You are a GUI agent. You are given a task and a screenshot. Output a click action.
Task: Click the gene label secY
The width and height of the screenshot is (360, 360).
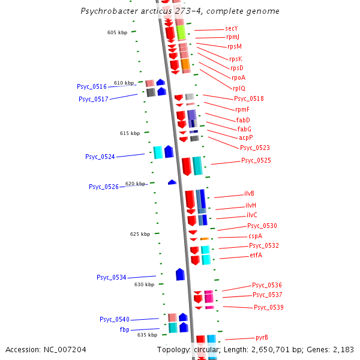232,28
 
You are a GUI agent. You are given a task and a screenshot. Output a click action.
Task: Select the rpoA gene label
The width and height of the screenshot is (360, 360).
238,77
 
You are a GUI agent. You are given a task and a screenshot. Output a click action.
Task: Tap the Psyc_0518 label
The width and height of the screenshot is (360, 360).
248,98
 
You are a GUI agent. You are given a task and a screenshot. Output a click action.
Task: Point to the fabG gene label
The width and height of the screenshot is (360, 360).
244,129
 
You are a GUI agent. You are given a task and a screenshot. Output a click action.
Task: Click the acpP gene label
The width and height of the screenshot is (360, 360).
246,138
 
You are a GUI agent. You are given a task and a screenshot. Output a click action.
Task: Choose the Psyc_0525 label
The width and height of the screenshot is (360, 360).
256,160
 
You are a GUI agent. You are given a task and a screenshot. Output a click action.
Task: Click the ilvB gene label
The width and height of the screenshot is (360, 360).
249,194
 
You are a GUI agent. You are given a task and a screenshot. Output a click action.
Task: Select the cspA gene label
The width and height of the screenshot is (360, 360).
255,236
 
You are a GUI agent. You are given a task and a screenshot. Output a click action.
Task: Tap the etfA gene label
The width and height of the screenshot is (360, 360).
256,255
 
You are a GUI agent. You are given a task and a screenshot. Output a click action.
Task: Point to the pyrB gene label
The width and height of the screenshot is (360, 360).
262,337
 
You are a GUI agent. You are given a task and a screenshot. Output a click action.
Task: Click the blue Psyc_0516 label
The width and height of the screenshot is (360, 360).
92,87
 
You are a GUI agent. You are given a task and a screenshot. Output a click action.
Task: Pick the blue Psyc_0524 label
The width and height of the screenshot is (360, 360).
100,157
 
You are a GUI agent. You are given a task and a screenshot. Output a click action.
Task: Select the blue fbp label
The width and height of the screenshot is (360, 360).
125,329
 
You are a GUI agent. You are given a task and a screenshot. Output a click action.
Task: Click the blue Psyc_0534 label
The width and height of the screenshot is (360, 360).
112,277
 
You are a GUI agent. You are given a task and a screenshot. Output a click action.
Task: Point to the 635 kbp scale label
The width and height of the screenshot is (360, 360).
147,335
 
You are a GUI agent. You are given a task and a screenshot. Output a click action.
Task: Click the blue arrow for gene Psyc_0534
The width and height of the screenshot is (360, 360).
180,274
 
